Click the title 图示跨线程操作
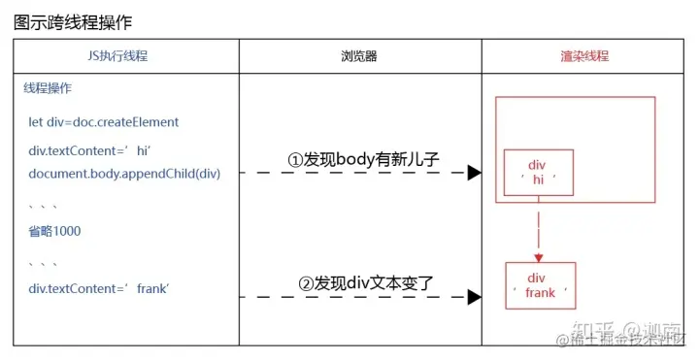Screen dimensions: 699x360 73,22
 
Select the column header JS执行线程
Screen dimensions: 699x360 126,56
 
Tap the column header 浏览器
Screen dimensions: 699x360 359,56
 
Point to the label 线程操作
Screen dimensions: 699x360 48,87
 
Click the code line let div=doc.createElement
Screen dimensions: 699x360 104,122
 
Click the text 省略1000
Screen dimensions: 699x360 55,231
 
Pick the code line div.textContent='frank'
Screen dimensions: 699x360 99,288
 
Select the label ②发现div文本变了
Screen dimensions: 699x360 365,285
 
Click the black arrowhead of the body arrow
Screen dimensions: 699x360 475,173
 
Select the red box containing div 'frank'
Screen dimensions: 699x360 540,285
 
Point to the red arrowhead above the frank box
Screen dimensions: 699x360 539,257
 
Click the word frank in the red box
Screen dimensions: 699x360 540,292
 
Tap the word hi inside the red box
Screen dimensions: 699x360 538,180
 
